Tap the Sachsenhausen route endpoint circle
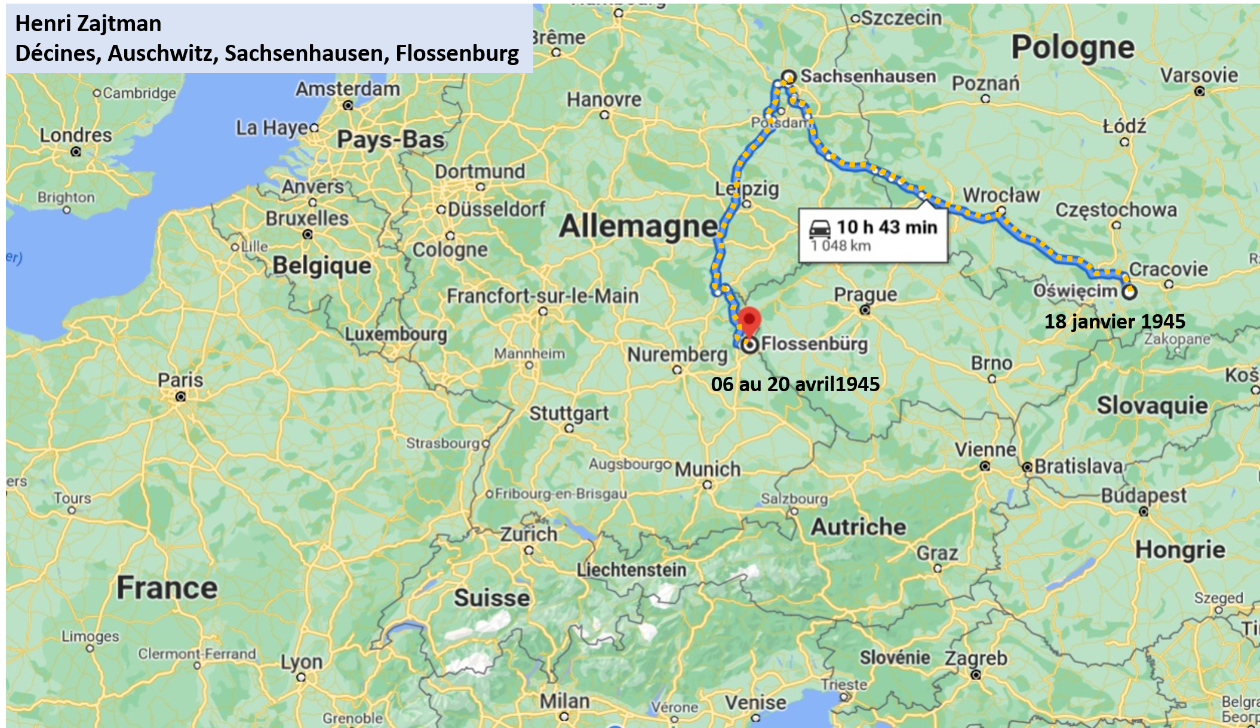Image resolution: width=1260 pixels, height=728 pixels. (789, 77)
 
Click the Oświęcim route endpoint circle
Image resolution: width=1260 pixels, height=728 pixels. (1129, 292)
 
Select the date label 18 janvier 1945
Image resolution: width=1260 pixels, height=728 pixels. (1114, 321)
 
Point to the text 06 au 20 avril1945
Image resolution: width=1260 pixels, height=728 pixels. (795, 384)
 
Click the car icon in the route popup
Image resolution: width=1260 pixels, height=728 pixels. (820, 228)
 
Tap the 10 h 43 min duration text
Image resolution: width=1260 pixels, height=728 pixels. (887, 227)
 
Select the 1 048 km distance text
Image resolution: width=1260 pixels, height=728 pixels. (840, 245)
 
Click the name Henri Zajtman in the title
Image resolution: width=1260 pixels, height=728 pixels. (88, 24)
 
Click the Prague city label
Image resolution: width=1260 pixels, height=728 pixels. (865, 294)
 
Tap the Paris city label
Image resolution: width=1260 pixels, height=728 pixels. (180, 380)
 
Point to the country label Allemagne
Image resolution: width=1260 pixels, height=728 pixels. (638, 226)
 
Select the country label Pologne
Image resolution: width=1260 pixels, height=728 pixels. (1072, 47)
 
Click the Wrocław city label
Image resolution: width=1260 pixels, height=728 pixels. (1001, 195)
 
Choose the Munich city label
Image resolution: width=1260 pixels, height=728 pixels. (708, 469)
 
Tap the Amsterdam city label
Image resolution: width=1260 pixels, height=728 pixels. (348, 89)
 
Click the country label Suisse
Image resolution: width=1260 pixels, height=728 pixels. (491, 598)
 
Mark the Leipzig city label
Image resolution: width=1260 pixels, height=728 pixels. (747, 189)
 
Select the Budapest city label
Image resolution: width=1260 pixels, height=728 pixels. (1144, 496)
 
